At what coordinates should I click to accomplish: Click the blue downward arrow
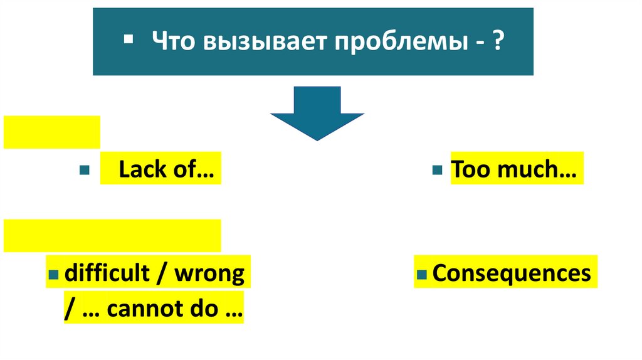click(x=317, y=113)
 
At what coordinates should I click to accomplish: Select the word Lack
click(x=142, y=170)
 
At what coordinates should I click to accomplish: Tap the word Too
click(x=470, y=170)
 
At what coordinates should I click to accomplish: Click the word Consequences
click(x=512, y=273)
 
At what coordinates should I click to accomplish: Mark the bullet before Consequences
click(x=422, y=275)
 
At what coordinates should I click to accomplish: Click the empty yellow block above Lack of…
click(x=51, y=132)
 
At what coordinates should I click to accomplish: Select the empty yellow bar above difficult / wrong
click(x=112, y=235)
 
